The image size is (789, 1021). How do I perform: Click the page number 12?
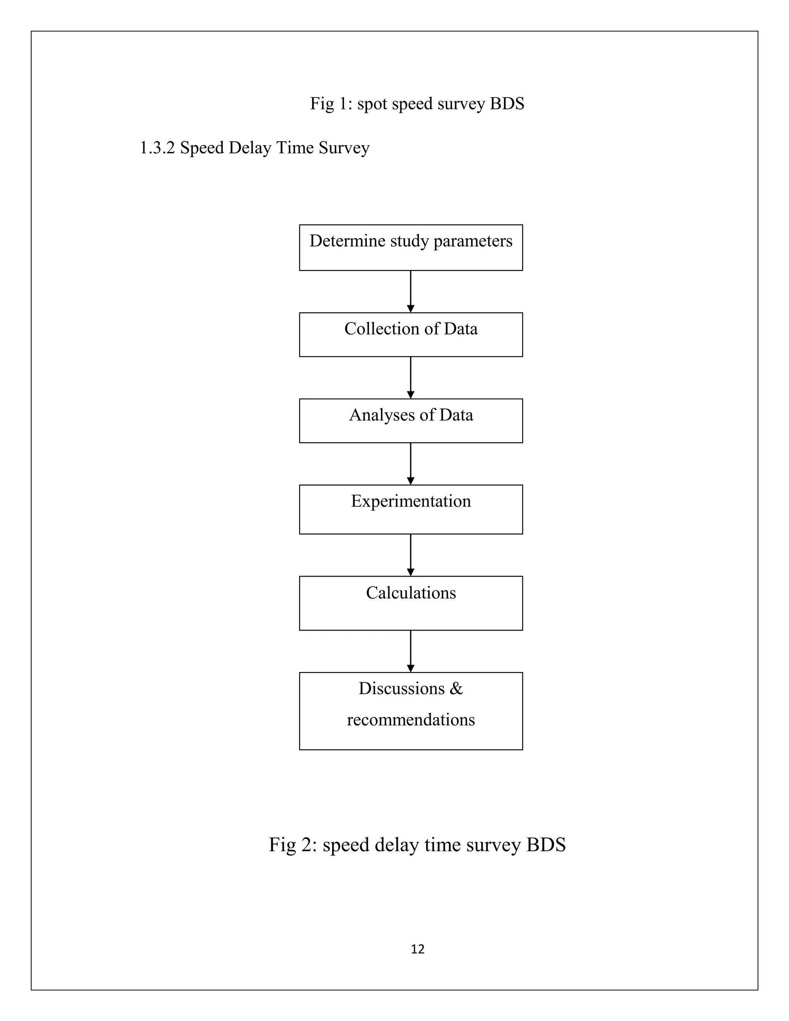point(417,949)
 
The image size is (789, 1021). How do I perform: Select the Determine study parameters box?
point(411,247)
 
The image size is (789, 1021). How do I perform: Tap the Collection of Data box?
point(411,334)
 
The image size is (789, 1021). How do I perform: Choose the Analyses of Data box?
point(411,420)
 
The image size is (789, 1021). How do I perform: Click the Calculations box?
point(411,603)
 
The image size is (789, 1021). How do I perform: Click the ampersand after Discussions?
point(456,688)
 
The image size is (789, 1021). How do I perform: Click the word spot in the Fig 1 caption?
point(373,104)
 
